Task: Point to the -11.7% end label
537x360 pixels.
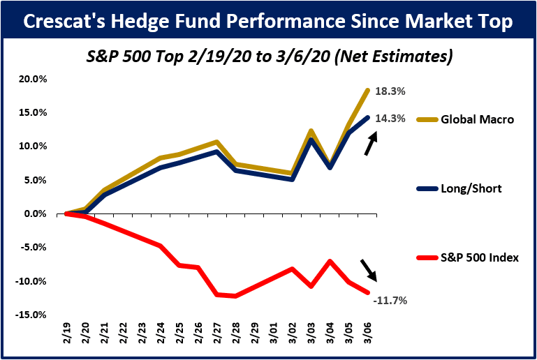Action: tap(390, 301)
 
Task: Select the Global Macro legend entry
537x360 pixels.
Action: tap(477, 119)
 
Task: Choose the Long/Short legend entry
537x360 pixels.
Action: tap(472, 188)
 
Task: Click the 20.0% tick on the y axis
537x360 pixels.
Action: tap(33, 79)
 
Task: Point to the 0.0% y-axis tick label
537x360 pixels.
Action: tap(35, 214)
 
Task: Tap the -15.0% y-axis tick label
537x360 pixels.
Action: tap(31, 315)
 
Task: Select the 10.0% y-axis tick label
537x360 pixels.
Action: tap(33, 147)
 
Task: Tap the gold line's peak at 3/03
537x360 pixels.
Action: tap(310, 131)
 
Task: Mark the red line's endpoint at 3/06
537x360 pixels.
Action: tap(368, 292)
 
